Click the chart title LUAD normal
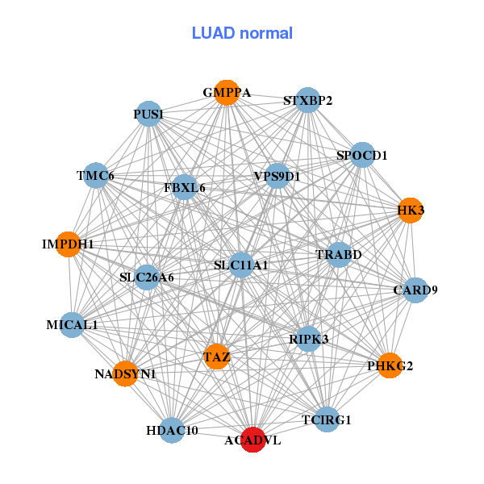click(x=242, y=33)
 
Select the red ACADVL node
click(x=253, y=440)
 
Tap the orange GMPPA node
click(x=227, y=93)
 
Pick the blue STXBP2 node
click(x=307, y=100)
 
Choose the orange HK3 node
click(x=411, y=211)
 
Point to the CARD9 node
click(x=415, y=290)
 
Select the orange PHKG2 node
click(x=390, y=365)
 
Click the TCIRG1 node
click(x=326, y=419)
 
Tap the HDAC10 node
click(x=172, y=430)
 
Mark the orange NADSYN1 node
click(x=125, y=373)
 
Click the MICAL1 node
click(x=72, y=325)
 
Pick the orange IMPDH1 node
click(x=69, y=244)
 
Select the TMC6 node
click(x=95, y=176)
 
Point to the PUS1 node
click(x=148, y=115)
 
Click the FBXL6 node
click(x=185, y=187)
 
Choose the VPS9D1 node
click(x=277, y=176)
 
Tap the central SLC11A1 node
click(x=241, y=265)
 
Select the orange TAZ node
click(x=216, y=356)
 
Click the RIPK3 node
click(x=308, y=339)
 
